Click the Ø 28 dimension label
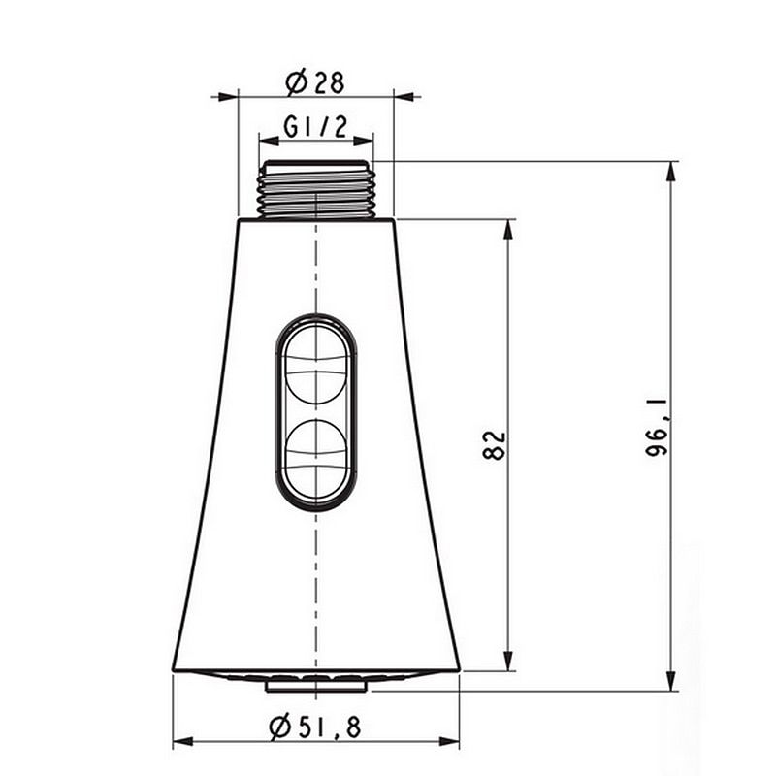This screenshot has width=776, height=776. [x=316, y=81]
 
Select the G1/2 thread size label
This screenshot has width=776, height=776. [x=315, y=126]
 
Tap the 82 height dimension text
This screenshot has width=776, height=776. [x=495, y=445]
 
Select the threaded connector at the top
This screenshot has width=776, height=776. [x=316, y=189]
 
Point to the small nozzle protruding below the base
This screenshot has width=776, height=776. [x=316, y=685]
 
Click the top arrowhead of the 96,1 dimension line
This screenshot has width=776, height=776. [x=671, y=171]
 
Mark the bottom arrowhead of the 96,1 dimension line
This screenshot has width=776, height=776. [x=671, y=681]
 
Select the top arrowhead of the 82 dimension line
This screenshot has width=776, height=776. [x=507, y=229]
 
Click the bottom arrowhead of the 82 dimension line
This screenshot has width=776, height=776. [x=507, y=662]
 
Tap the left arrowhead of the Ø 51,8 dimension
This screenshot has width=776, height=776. [x=183, y=742]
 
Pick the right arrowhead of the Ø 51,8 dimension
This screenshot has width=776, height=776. [x=449, y=742]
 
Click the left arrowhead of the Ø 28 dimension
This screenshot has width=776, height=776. [x=227, y=96]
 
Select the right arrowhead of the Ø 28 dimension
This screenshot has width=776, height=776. [x=405, y=96]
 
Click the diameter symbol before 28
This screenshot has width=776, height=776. [x=297, y=81]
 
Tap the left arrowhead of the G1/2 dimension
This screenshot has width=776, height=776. [x=269, y=141]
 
